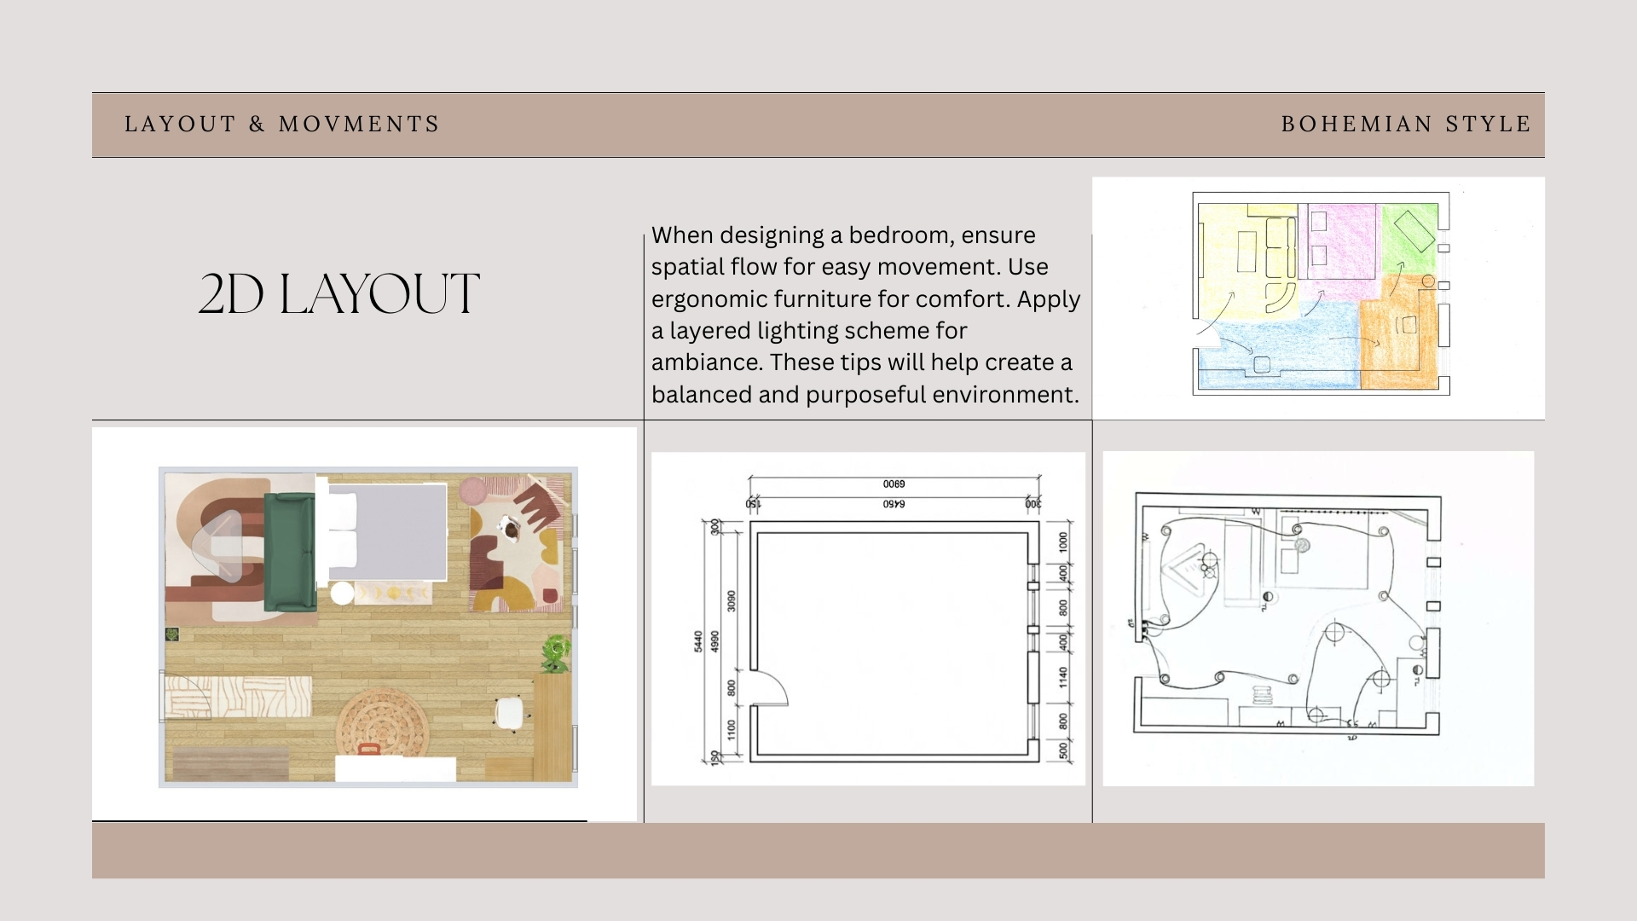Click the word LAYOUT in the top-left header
180,125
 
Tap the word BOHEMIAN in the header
1356,125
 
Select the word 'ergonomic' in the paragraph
709,299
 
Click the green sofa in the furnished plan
289,552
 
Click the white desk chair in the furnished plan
510,714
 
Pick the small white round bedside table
342,593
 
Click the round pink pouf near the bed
473,491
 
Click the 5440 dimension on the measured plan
698,642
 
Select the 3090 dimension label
731,600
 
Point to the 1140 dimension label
1063,678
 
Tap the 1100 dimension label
731,730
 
